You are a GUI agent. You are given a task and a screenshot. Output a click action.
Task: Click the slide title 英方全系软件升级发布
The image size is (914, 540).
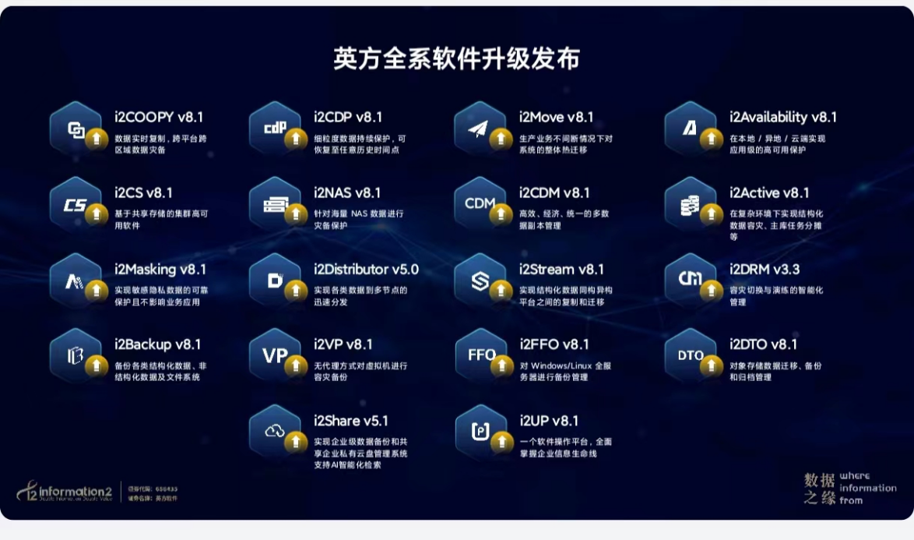coord(456,59)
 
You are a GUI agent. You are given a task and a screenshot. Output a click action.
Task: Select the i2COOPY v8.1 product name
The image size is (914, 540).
coord(159,118)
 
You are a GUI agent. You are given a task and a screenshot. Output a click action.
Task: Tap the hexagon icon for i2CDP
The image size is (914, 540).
coord(275,128)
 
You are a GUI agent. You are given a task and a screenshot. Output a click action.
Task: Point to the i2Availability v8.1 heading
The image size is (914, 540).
coord(782,118)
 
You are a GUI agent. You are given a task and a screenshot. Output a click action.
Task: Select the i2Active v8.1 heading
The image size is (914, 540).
coord(769,192)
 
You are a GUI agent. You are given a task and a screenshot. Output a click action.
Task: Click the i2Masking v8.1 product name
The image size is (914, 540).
coord(160,270)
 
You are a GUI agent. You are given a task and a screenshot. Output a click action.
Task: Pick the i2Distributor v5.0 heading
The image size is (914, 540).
coord(366,270)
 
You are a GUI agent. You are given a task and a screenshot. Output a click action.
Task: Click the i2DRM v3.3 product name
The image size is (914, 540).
coord(764,270)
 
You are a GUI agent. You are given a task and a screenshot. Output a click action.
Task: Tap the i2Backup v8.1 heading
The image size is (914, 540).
coord(158,344)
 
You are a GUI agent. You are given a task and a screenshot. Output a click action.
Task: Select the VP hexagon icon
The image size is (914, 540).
coord(275,355)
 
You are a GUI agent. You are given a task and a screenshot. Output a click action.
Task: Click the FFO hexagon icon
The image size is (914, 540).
coord(481,355)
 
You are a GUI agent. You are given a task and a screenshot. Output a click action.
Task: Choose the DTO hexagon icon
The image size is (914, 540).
coord(691,355)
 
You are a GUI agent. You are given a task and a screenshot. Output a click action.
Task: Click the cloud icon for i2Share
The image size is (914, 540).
coord(275,431)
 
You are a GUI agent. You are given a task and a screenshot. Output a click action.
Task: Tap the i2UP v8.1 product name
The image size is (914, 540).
coord(549,421)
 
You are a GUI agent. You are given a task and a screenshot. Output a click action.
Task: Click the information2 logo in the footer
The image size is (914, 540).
coord(66,491)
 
